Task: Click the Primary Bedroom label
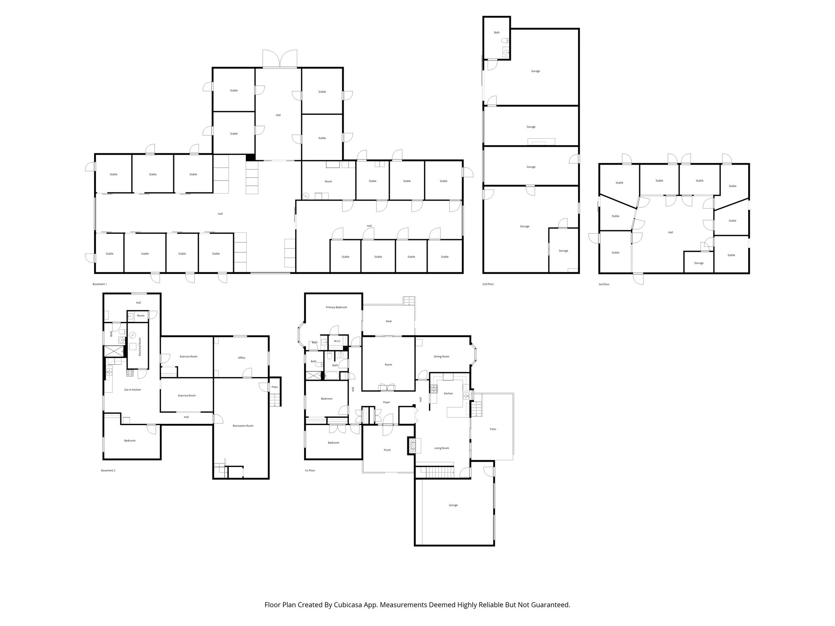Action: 336,307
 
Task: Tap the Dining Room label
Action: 441,357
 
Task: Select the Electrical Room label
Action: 140,347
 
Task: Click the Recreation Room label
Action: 243,426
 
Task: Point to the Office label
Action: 242,358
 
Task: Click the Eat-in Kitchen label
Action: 133,390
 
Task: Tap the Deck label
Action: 389,321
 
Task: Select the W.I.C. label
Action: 337,341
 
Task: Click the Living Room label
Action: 442,448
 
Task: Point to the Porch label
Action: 387,450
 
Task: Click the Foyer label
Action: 387,403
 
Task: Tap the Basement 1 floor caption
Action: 100,284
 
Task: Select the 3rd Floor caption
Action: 604,284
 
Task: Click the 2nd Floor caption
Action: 488,284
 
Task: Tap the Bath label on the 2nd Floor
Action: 497,33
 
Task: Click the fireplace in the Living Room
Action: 411,446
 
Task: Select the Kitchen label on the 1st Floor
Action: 448,394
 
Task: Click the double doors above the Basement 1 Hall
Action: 280,58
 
